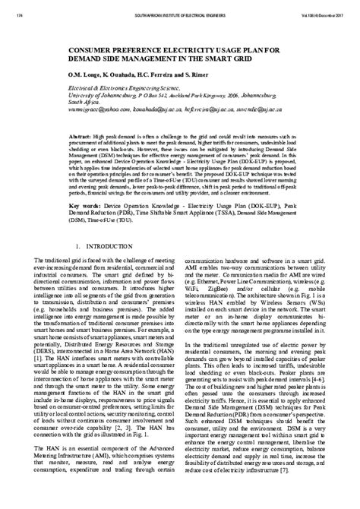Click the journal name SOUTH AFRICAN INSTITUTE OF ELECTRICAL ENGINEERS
click(181, 15)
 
